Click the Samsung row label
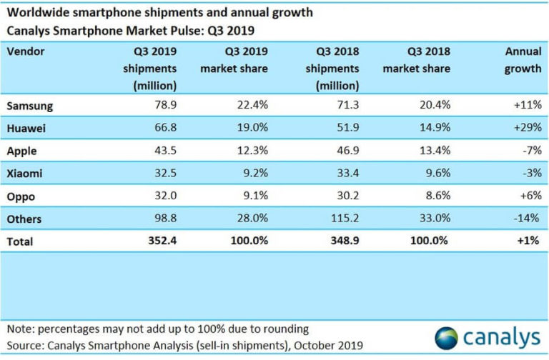point(29,106)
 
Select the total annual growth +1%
point(527,241)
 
